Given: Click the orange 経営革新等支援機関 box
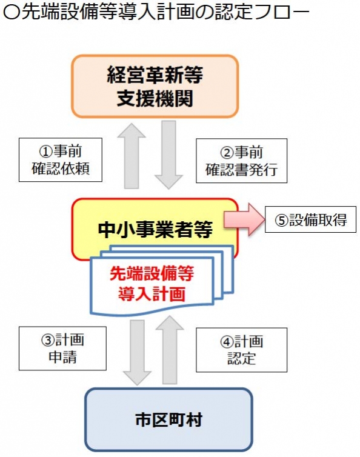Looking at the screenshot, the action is [155, 86].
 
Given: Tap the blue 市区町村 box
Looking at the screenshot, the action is [168, 419].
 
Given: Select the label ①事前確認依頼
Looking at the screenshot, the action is [61, 160].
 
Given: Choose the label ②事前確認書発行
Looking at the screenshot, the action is [241, 161].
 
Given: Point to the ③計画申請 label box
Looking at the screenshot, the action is [62, 349].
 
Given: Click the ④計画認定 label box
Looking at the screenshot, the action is [241, 350].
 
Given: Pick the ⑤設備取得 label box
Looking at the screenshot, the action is [310, 219].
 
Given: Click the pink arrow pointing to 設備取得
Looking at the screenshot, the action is [244, 219].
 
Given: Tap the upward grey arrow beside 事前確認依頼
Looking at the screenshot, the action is [132, 156].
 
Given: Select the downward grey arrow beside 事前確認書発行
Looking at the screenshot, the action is [168, 155].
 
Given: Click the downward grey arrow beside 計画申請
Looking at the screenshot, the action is [137, 353].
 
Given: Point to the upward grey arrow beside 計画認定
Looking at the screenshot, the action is [170, 350].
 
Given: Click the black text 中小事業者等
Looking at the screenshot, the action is [155, 230].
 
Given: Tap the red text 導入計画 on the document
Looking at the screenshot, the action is [152, 293].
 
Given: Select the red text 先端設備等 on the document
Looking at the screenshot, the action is [152, 274].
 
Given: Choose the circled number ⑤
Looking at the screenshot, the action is [282, 220].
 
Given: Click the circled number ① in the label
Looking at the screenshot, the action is [46, 152].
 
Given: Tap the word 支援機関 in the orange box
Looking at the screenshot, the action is [155, 98].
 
